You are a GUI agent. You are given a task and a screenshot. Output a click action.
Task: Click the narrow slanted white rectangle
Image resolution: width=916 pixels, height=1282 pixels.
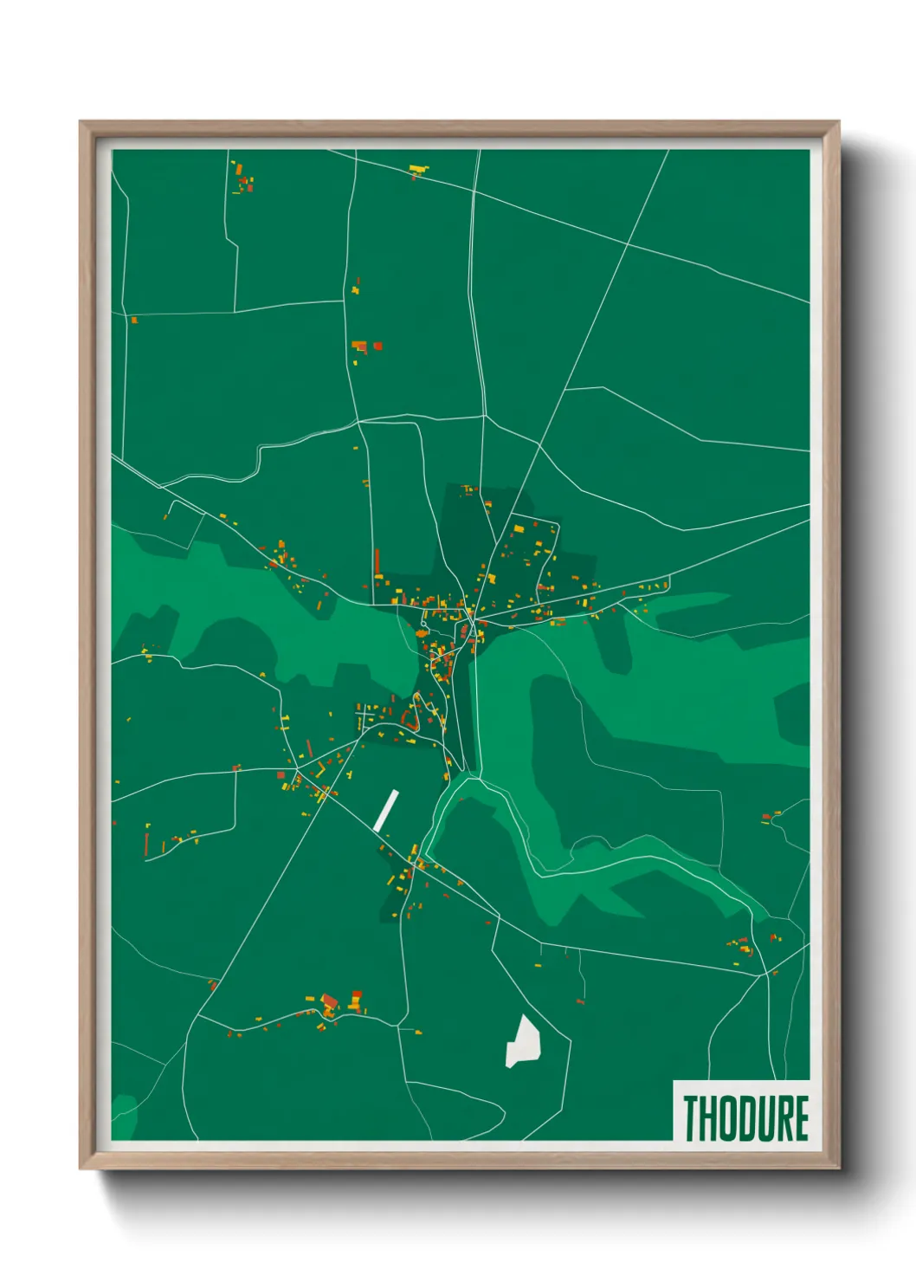386,811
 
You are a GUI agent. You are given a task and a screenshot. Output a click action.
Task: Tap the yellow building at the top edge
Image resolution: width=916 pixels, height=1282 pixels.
419,168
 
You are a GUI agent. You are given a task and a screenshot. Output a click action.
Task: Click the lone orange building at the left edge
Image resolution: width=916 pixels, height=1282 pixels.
134,320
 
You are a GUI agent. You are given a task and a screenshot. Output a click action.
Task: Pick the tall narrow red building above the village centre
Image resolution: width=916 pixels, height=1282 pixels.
377,562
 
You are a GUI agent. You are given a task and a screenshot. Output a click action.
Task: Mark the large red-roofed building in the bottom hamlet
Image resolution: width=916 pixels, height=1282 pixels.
329,1002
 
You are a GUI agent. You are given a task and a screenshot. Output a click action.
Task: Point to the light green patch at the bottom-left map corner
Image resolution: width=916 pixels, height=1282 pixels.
124,1117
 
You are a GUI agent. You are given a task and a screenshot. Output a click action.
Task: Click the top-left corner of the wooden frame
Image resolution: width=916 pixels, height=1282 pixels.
81,123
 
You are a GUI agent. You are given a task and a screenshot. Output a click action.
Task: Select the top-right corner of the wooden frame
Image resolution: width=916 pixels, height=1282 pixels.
838,123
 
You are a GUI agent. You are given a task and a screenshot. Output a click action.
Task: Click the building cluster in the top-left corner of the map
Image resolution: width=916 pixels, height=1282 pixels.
243,177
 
